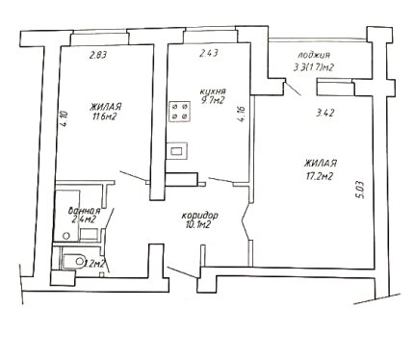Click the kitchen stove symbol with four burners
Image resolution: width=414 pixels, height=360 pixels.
180,112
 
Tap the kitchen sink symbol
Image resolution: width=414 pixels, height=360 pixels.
177,151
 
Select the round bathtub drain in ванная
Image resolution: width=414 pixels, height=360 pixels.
66,236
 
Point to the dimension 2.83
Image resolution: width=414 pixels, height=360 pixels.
98,55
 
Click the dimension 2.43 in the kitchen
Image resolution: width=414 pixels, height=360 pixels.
209,53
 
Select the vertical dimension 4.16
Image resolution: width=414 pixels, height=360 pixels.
242,115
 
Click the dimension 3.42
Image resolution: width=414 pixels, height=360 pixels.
325,113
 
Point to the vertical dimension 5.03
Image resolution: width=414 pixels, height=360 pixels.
360,191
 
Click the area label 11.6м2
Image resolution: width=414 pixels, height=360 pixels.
104,116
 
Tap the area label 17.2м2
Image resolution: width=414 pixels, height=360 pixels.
318,176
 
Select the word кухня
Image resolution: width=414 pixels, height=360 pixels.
212,91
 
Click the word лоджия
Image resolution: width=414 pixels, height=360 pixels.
314,55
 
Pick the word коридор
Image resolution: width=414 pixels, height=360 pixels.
199,216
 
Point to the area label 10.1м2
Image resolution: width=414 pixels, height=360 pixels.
197,225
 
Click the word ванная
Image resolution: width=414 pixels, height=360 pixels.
85,211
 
